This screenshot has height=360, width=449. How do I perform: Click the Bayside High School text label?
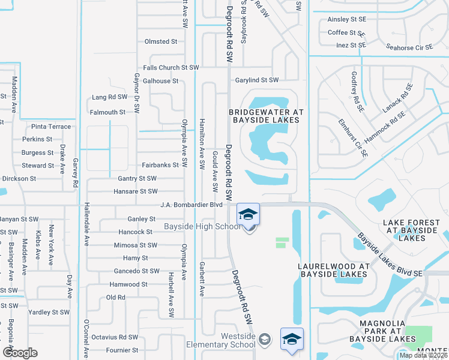pos(202,227)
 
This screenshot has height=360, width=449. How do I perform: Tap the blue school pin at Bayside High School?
pos(248,214)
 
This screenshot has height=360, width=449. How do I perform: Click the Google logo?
pos(20,353)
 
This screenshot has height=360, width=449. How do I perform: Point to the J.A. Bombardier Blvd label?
pos(187,205)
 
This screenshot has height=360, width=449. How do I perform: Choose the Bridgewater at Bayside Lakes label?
pos(265,116)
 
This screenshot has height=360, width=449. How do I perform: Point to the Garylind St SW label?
pos(257,80)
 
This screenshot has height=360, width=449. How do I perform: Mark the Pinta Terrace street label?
pos(51,127)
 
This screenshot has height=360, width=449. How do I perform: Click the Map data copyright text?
pos(424,355)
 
